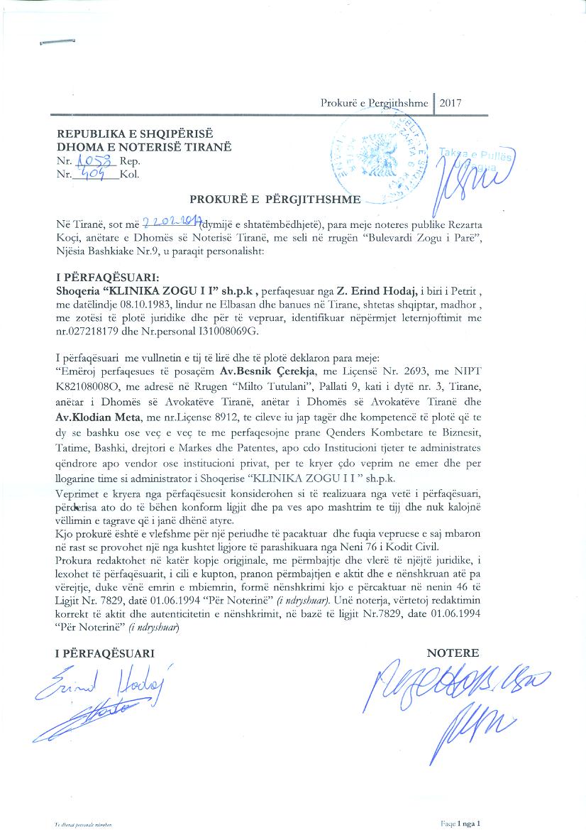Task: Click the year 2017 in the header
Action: (x=450, y=103)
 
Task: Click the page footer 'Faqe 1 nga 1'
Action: (x=460, y=823)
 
